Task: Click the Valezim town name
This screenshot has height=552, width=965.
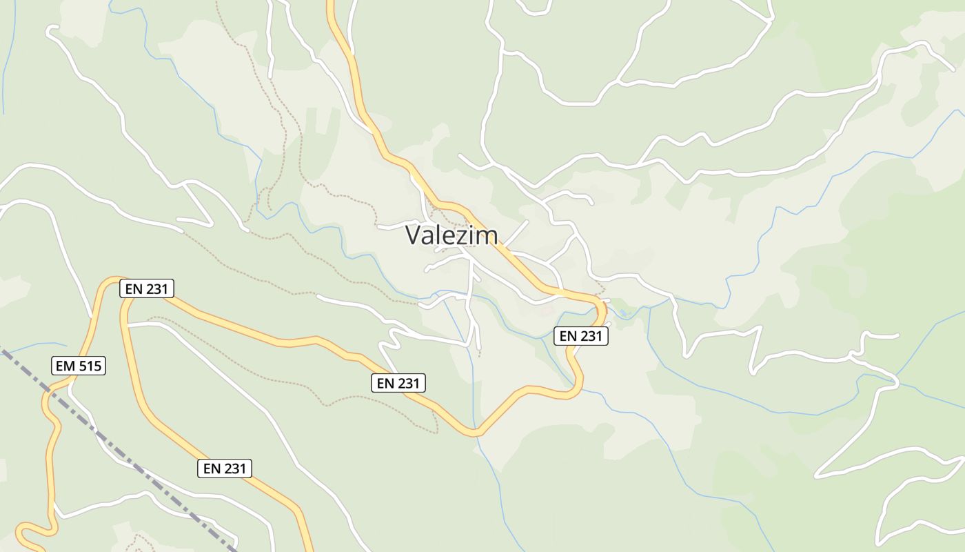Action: tap(451, 235)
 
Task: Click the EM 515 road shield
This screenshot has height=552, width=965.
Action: tap(79, 366)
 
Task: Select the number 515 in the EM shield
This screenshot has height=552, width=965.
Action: tap(90, 366)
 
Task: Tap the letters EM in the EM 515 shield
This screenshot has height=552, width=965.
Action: tap(65, 366)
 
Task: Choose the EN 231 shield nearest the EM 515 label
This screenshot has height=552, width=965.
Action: tap(146, 288)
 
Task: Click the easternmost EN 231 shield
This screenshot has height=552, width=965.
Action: tap(581, 336)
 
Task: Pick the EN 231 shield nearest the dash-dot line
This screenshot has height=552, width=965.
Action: tap(225, 469)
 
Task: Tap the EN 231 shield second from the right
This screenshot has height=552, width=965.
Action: tap(398, 383)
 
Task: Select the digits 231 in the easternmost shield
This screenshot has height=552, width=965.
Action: tap(591, 336)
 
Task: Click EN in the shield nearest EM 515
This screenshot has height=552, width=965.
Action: tap(132, 288)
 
